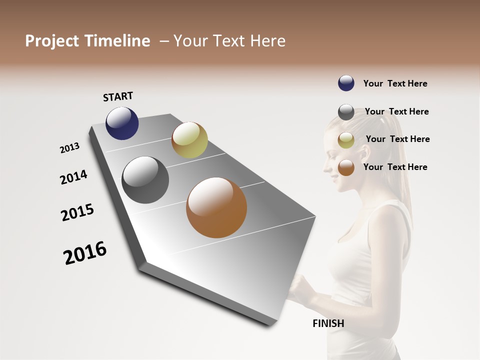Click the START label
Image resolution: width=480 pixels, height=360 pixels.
click(x=118, y=96)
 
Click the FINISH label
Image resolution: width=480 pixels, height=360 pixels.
click(x=328, y=323)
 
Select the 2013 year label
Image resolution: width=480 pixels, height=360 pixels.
click(x=69, y=148)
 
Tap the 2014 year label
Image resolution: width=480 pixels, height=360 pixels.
click(x=73, y=177)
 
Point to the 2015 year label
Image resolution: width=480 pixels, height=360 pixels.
click(x=77, y=212)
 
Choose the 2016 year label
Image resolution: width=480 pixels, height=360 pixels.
click(x=85, y=253)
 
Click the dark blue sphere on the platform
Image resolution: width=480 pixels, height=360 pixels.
click(x=122, y=123)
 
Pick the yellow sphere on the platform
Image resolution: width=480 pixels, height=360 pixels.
click(x=189, y=140)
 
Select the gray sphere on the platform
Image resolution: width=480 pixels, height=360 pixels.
click(x=145, y=180)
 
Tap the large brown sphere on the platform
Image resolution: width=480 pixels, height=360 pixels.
click(x=216, y=207)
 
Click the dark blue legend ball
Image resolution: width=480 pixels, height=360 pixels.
click(x=346, y=83)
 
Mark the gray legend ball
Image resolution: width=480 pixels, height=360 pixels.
click(x=346, y=112)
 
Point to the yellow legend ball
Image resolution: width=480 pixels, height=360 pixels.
click(x=346, y=140)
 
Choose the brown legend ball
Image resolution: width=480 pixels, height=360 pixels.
click(x=346, y=167)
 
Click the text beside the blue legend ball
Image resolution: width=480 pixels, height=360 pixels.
click(x=395, y=84)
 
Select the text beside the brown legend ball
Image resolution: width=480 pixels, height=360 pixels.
click(x=395, y=167)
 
